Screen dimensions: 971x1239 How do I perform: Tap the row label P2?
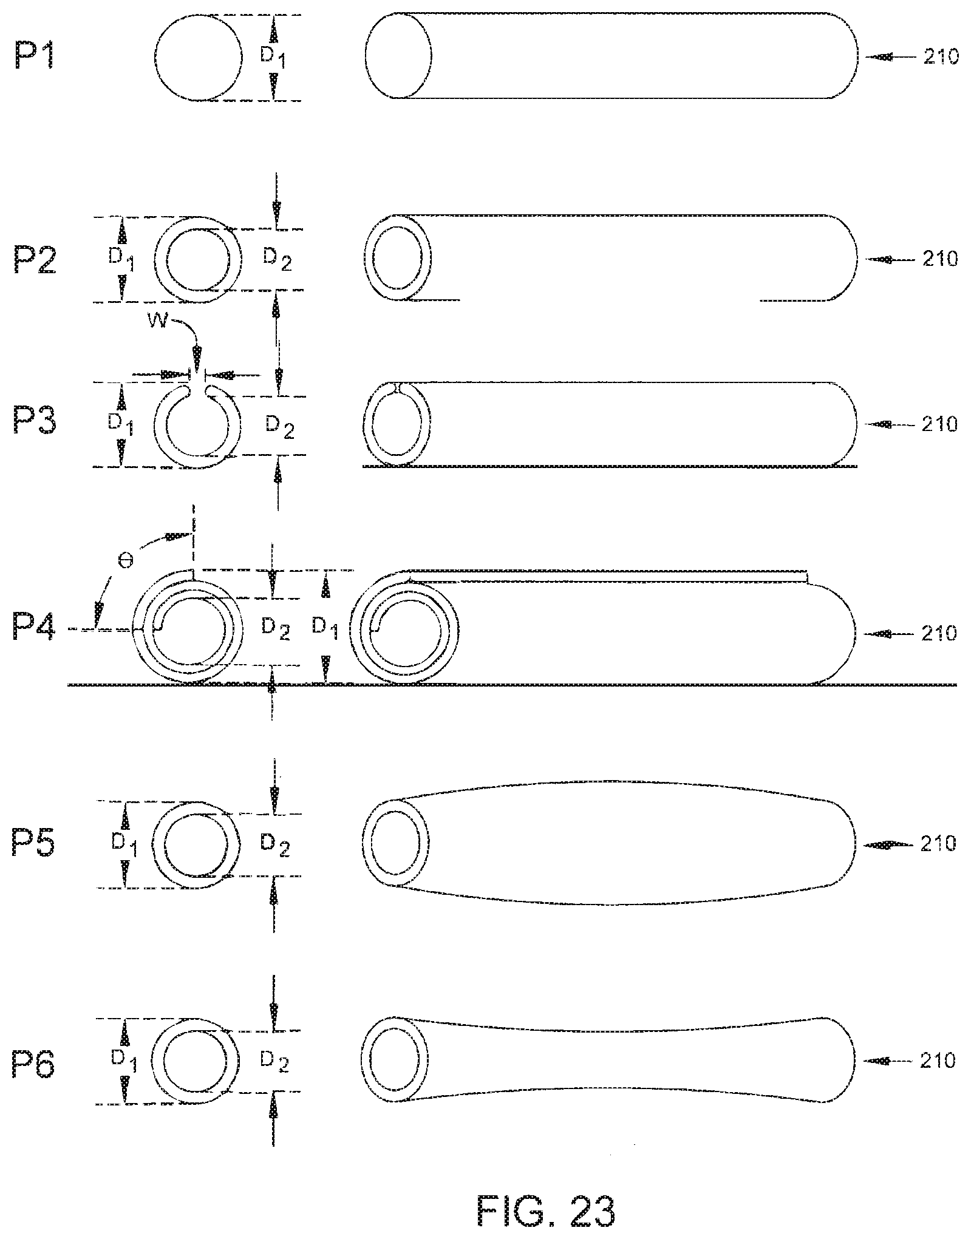click(x=35, y=260)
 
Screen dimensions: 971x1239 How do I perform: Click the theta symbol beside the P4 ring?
click(x=126, y=562)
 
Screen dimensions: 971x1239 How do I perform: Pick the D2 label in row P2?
click(x=277, y=260)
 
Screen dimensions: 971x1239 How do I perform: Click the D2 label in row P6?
click(x=274, y=1061)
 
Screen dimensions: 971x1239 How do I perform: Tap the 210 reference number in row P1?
click(x=940, y=57)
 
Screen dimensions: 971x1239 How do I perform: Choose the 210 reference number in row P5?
click(x=939, y=843)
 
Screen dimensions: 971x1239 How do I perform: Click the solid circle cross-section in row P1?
click(x=198, y=58)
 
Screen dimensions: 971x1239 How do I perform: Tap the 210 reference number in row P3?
click(x=939, y=424)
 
